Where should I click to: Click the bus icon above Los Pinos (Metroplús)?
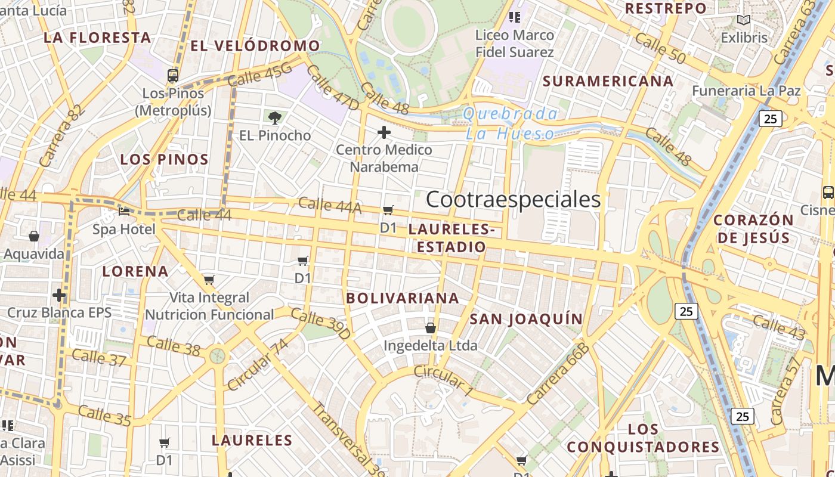click(x=173, y=76)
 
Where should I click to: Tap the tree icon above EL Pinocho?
click(x=275, y=117)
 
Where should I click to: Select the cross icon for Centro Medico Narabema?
click(x=384, y=132)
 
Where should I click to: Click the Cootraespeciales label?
click(x=513, y=200)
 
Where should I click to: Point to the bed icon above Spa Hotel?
click(x=124, y=211)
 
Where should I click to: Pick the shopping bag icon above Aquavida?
click(x=34, y=236)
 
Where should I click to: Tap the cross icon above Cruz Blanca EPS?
click(x=59, y=295)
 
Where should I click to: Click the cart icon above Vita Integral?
click(x=209, y=280)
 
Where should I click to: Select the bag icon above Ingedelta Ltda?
click(x=431, y=328)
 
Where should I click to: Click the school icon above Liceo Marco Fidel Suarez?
click(x=514, y=17)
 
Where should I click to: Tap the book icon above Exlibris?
click(x=743, y=20)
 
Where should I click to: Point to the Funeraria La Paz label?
click(x=746, y=91)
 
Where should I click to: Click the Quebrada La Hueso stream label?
click(x=511, y=123)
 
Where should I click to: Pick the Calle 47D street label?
click(x=332, y=88)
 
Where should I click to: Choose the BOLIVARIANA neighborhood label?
click(x=403, y=298)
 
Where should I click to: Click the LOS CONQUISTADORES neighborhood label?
click(x=643, y=438)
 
